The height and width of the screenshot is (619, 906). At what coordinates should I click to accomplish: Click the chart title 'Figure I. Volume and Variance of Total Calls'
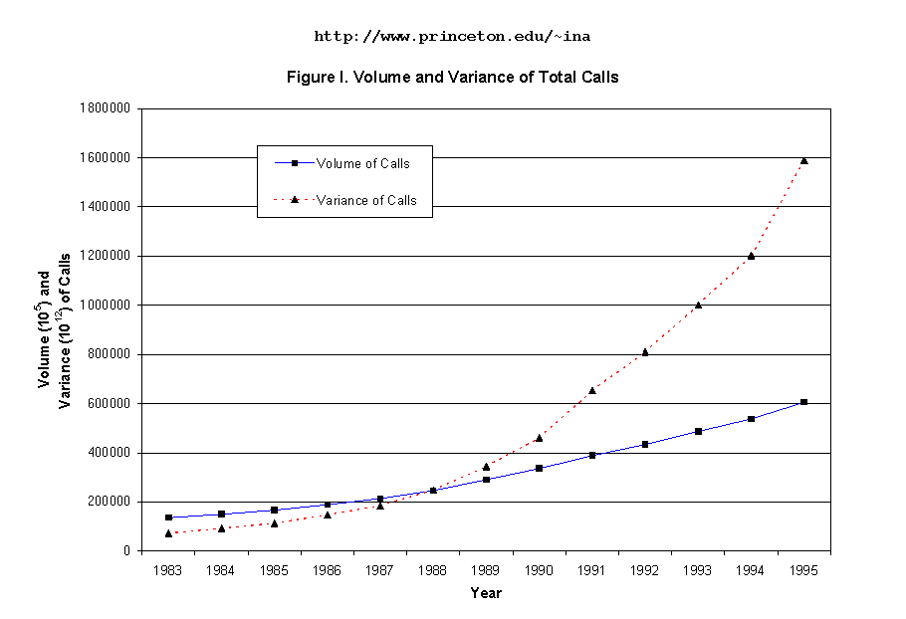(452, 77)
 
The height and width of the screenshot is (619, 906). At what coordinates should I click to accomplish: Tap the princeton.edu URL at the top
(452, 37)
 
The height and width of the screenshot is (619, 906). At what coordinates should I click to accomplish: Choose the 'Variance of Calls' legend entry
(366, 200)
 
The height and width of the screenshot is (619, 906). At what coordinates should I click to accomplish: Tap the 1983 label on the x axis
(168, 570)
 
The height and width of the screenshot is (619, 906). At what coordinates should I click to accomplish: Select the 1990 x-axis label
(539, 570)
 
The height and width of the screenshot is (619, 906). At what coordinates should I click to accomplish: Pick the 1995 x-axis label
(803, 570)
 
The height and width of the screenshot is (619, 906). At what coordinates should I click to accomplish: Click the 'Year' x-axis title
(486, 593)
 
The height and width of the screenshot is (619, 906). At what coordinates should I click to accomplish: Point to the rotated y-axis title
(54, 328)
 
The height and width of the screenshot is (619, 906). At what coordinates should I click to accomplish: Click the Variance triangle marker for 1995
(803, 160)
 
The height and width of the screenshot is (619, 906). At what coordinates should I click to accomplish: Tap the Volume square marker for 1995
(803, 402)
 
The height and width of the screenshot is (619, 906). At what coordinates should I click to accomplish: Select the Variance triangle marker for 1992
(645, 351)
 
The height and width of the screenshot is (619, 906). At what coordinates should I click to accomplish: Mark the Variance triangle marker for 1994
(751, 256)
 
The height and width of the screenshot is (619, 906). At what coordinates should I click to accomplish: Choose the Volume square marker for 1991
(592, 455)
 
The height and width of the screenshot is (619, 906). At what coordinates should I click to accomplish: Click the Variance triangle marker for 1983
(168, 533)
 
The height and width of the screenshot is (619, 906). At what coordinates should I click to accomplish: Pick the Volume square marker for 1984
(221, 514)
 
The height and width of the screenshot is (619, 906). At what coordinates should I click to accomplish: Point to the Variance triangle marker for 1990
(539, 438)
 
